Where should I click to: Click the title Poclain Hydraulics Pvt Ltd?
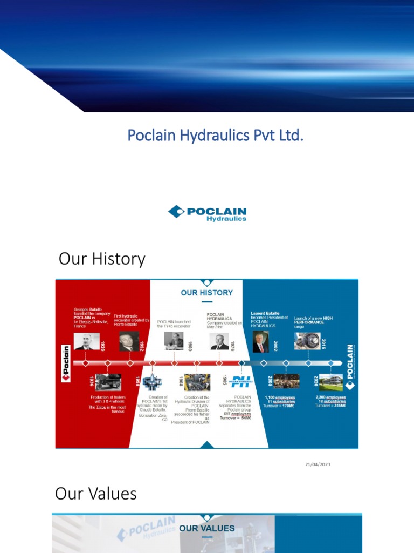coord(215,135)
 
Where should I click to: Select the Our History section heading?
coord(102,259)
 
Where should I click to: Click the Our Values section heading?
coord(96,494)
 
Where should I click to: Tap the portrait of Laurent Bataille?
coord(260,341)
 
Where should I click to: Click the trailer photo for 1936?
coord(108,382)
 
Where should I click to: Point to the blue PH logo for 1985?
coord(240,382)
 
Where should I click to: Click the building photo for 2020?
coord(330,382)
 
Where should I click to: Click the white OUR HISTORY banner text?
coord(206,293)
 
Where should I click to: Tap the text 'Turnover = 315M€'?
coord(331,406)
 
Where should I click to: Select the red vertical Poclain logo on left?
coord(66,363)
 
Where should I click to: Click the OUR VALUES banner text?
coord(206,528)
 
